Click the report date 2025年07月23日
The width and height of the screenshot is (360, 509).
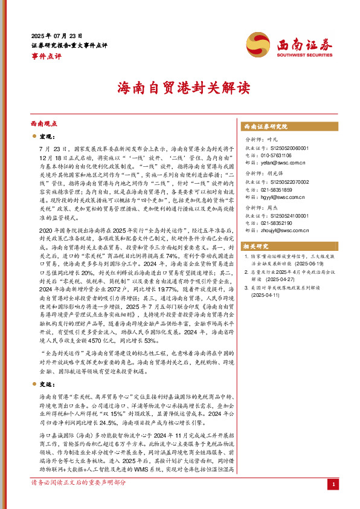(57, 36)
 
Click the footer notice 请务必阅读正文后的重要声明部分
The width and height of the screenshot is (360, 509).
(79, 500)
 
